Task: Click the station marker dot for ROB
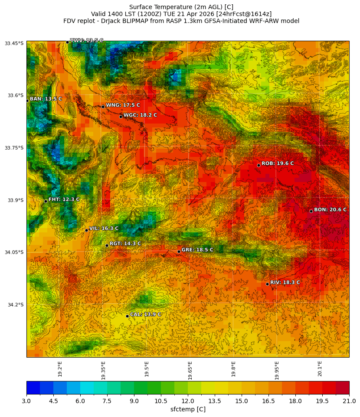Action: pos(259,165)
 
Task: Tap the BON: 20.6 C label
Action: pos(330,210)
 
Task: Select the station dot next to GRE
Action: pos(179,251)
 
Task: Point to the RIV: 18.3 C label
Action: pos(285,283)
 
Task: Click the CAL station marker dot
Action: pos(127,316)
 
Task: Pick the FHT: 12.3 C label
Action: pos(64,199)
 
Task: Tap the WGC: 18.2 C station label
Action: pos(140,115)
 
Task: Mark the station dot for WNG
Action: pos(103,107)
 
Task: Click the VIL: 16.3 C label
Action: pos(104,228)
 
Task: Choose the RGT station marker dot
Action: pos(107,245)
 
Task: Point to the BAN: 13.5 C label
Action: pos(46,99)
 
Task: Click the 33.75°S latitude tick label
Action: pos(14,148)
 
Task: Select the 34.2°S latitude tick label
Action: pos(14,305)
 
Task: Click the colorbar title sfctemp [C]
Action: pos(188,409)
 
